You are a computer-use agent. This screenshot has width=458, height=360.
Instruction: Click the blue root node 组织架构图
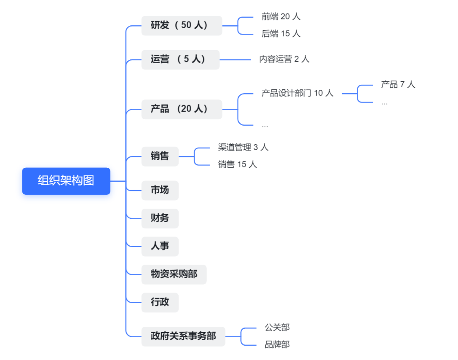click(66, 181)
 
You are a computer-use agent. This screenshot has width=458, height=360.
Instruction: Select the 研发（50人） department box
click(181, 25)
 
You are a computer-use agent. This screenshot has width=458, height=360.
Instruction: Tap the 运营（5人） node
click(180, 59)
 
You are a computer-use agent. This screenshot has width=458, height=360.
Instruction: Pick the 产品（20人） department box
click(181, 109)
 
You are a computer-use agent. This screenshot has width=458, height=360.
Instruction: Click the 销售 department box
click(160, 156)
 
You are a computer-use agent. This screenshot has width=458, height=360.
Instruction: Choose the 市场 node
click(160, 190)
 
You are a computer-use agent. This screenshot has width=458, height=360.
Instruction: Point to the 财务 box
click(160, 218)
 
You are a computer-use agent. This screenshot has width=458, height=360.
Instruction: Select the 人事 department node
click(160, 246)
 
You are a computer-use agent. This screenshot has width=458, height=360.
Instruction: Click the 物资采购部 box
click(174, 274)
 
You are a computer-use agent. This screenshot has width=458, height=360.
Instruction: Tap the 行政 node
click(160, 302)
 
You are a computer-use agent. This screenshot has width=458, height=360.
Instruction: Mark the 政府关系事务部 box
click(183, 336)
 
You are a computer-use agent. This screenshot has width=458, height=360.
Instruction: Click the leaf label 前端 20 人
click(281, 16)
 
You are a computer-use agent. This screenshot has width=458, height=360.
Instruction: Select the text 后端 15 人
click(281, 34)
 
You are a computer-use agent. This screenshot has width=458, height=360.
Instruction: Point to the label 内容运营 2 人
click(284, 59)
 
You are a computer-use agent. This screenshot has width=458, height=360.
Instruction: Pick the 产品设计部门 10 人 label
click(297, 93)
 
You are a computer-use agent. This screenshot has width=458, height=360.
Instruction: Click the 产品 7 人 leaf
click(398, 84)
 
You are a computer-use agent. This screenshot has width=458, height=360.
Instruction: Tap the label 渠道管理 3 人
click(243, 147)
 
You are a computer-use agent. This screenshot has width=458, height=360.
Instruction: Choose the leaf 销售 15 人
click(237, 164)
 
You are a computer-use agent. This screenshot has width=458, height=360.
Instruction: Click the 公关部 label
click(277, 328)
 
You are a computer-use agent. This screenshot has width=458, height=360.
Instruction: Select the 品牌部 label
click(277, 344)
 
